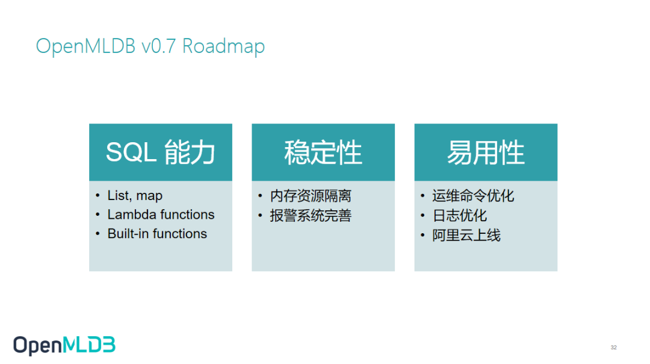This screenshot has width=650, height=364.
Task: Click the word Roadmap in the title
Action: (223, 46)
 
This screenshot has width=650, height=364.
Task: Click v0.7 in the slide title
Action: (159, 46)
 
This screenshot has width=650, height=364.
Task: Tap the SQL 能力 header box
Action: (161, 152)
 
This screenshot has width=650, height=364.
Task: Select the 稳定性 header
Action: (323, 152)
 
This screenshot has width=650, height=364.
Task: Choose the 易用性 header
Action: (486, 152)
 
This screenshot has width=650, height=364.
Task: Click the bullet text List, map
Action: (135, 196)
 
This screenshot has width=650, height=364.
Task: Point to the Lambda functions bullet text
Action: (161, 215)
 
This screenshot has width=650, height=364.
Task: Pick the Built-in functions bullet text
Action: (157, 234)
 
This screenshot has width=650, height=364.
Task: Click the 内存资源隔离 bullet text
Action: (311, 196)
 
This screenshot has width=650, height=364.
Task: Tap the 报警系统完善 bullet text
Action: (311, 215)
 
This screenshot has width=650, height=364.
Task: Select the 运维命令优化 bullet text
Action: (473, 196)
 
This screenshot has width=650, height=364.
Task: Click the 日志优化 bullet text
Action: (460, 215)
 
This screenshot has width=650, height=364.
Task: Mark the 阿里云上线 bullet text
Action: (466, 235)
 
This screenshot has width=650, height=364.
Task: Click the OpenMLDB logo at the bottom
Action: (64, 345)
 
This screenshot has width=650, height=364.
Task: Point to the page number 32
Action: (613, 348)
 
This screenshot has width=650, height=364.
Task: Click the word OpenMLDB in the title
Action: (86, 46)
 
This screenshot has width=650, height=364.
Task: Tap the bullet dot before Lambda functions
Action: (98, 215)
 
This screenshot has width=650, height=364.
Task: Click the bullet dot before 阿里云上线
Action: (423, 235)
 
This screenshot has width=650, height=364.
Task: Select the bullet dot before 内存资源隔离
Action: (261, 196)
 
